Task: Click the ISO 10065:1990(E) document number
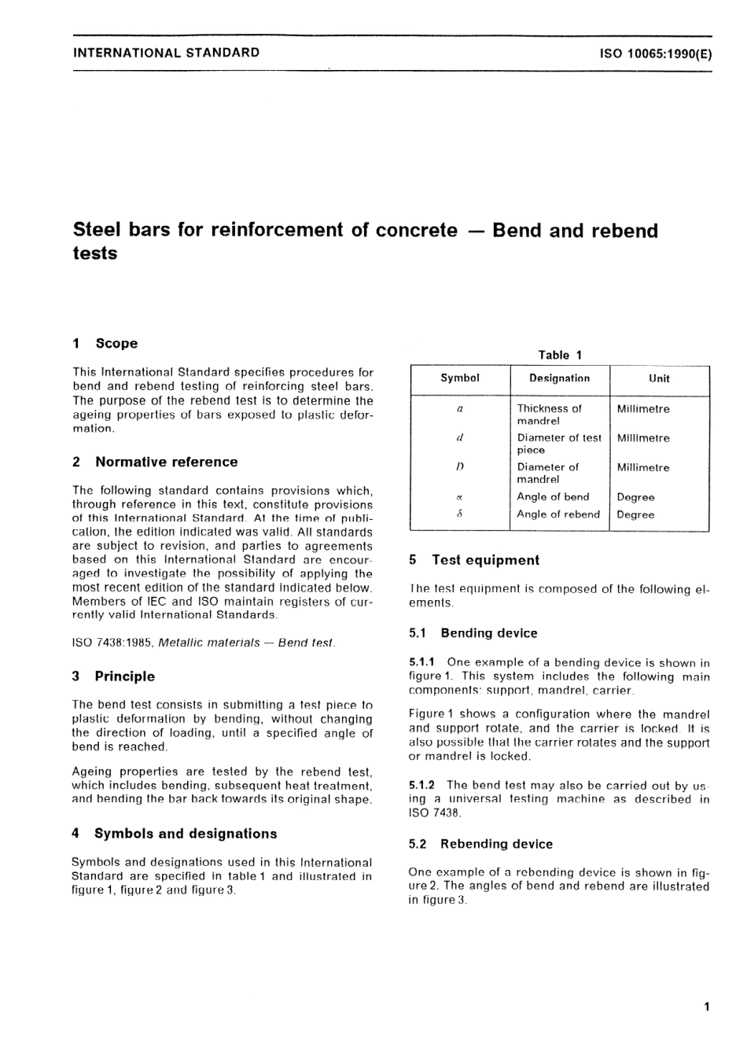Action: click(x=655, y=53)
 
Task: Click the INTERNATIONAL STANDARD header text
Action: click(x=166, y=53)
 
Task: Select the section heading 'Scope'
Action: click(x=116, y=344)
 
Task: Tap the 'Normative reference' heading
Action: click(x=166, y=463)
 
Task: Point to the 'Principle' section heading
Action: click(x=124, y=676)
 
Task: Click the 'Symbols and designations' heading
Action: click(x=186, y=834)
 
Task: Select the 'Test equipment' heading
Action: click(x=485, y=561)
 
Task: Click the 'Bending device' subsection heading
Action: click(x=488, y=633)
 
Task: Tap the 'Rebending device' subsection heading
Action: click(x=496, y=844)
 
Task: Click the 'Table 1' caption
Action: click(x=560, y=356)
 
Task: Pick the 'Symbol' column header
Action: click(x=460, y=378)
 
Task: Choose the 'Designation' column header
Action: click(x=559, y=378)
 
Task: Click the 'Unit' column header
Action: click(x=659, y=378)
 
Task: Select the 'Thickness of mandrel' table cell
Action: click(x=549, y=415)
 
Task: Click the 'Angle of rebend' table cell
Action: click(x=558, y=514)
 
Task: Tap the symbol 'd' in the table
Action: click(x=460, y=438)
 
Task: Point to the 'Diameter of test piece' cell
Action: click(x=558, y=444)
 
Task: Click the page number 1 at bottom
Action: click(x=707, y=1007)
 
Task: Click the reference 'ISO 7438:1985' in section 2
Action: click(x=112, y=643)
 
